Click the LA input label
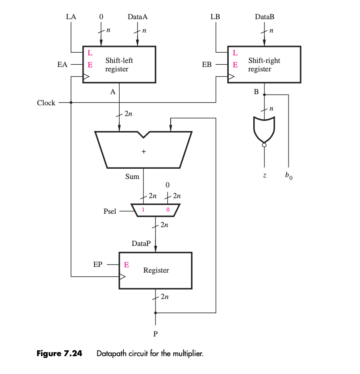pos(71,17)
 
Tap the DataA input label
pos(137,17)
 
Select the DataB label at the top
pos(264,17)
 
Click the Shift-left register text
pos(119,65)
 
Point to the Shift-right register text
pos(264,65)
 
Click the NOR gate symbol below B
pos(264,130)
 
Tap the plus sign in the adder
pos(143,152)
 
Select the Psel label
pos(110,211)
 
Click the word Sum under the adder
pos(132,177)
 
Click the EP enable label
pos(98,264)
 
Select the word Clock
pos(46,103)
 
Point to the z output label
pos(264,176)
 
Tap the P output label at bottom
pos(155,333)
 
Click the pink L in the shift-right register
pos(235,53)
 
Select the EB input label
pos(207,65)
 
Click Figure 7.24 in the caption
pos(59,354)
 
